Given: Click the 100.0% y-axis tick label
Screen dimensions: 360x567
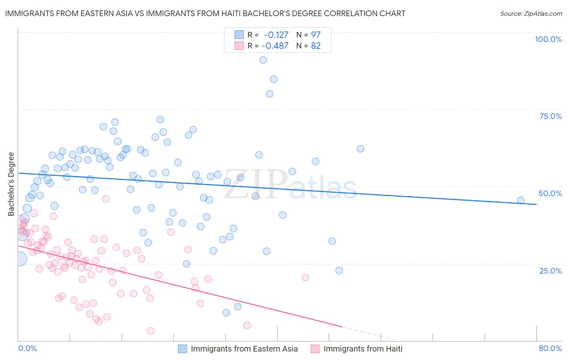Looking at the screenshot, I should coord(548,39).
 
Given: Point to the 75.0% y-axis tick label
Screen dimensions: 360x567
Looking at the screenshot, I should coord(550,116).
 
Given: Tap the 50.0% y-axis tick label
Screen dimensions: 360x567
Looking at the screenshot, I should coord(550,193).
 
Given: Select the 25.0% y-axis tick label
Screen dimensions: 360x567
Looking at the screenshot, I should coord(550,270).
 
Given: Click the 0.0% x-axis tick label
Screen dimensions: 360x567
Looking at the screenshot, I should coord(27,348).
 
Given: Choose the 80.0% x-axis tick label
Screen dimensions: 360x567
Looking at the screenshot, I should coord(550,348).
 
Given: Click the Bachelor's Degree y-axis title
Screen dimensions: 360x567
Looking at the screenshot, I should coord(11,184).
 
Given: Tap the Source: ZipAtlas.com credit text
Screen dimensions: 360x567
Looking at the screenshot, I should coord(531,14).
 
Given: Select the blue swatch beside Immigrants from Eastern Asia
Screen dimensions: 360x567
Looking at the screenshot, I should coord(183,349).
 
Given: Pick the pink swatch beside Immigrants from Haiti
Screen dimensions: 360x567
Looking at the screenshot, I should coord(315,349).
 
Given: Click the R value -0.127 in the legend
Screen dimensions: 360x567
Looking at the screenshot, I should coord(276,35).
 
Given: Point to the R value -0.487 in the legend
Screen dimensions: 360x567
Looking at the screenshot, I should coord(275,46).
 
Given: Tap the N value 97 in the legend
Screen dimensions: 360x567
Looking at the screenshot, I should coord(316,35).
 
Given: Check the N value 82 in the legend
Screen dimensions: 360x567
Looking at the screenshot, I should coord(316,46).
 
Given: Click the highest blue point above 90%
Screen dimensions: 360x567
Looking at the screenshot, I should coord(263,60).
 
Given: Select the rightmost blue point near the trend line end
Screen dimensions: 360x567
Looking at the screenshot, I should coord(521,200).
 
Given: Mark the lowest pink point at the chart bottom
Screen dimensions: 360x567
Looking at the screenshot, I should coord(150,331).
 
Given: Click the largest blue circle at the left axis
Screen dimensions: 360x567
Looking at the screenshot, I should coord(19,259).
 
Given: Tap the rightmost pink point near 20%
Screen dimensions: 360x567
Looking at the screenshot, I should coord(305,277).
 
